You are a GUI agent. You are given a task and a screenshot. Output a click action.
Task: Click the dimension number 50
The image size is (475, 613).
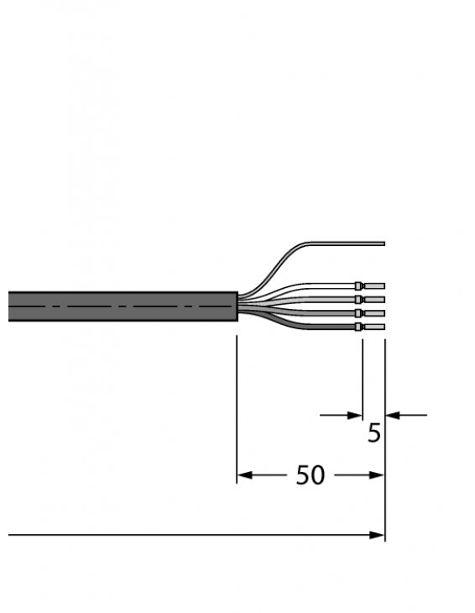click(x=311, y=475)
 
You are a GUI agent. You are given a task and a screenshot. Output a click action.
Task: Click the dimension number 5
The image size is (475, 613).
click(x=374, y=434)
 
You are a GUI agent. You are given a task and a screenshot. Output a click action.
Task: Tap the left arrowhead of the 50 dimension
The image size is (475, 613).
click(x=244, y=475)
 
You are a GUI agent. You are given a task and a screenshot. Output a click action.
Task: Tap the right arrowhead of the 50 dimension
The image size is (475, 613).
click(x=377, y=475)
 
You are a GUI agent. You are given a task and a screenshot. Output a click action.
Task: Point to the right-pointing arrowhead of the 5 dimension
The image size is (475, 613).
click(x=354, y=414)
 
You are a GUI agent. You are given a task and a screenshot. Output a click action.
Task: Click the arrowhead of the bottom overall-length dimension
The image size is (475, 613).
click(x=377, y=535)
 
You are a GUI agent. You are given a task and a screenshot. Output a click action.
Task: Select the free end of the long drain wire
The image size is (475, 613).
click(x=383, y=244)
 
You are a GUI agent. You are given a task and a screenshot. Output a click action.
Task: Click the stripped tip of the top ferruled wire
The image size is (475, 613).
click(x=374, y=286)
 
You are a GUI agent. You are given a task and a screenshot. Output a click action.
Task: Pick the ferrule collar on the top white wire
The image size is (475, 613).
click(x=359, y=286)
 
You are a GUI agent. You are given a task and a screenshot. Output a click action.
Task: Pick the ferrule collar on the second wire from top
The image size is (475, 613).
click(x=359, y=299)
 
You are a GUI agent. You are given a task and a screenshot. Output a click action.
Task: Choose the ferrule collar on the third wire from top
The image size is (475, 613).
click(x=359, y=312)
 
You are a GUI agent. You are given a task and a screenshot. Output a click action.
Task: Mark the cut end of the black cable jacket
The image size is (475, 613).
click(x=236, y=306)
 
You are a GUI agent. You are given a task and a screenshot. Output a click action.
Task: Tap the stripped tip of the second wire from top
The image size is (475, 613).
click(x=374, y=299)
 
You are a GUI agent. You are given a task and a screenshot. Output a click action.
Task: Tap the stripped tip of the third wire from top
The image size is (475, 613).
click(x=374, y=312)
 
